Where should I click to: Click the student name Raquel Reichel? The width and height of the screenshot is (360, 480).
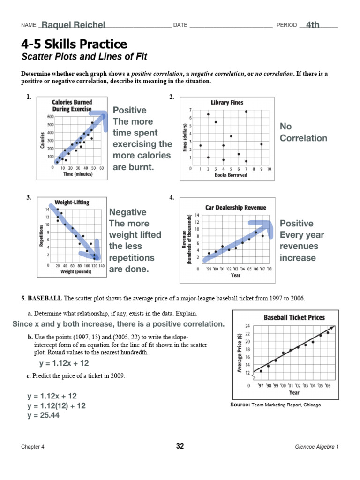point(73,25)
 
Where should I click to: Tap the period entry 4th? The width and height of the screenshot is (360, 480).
point(313,25)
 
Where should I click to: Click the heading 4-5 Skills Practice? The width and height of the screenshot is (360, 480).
point(74,45)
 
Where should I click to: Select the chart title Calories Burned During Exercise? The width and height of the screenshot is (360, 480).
point(72,105)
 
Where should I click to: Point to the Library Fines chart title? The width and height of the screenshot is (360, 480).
point(227,102)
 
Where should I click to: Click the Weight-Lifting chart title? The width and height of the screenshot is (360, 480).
point(72,202)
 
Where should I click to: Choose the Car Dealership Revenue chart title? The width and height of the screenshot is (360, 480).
point(235,207)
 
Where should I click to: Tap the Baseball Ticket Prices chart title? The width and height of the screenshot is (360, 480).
point(294,317)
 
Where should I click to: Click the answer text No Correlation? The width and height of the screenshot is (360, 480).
point(303,132)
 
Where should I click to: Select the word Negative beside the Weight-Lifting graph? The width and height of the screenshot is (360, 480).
point(127,212)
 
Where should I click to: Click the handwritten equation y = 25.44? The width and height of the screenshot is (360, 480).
point(43,415)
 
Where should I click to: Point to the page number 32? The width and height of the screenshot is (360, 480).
point(180,446)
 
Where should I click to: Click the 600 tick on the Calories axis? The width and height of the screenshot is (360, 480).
point(50,116)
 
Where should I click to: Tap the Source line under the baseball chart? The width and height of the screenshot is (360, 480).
point(276,405)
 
